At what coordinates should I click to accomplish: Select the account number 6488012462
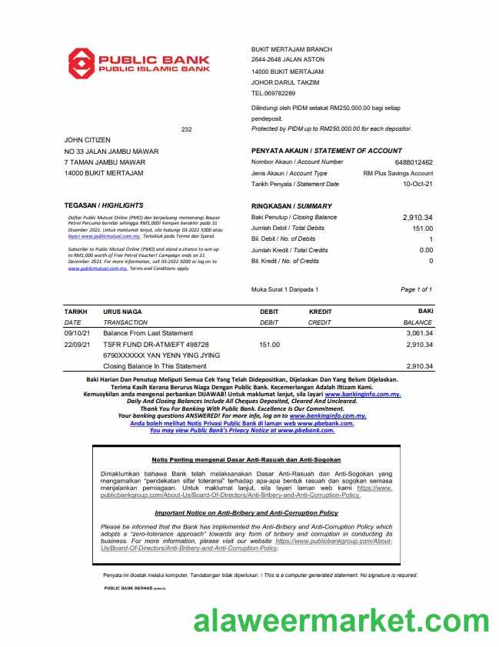414,162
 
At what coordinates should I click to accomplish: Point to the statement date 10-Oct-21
418,184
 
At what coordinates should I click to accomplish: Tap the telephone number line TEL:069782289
273,93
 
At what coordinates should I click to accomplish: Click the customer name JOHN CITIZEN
88,140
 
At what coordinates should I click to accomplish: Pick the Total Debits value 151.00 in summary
422,228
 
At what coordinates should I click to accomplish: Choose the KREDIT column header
320,312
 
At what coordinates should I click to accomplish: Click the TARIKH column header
76,312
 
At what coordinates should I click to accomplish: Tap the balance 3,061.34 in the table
419,333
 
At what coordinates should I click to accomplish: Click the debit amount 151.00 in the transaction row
270,345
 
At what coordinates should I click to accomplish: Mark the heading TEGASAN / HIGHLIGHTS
104,206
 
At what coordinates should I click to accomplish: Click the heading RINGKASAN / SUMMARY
291,206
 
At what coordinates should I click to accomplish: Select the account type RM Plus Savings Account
398,173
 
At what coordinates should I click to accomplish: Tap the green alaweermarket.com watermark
341,620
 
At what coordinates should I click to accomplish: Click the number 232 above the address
186,129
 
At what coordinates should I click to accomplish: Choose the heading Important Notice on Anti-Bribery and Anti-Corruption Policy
246,512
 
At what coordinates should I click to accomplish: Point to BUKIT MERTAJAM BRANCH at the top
291,49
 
